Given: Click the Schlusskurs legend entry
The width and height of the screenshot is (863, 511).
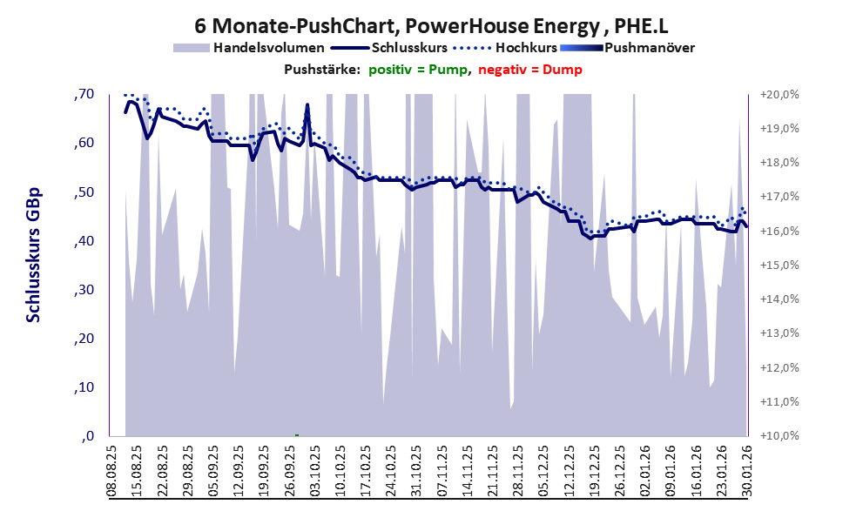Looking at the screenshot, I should click(x=401, y=47).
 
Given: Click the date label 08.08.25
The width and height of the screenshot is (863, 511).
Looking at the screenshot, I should click(x=111, y=471).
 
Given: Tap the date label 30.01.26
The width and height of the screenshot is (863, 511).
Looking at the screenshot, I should click(x=745, y=471).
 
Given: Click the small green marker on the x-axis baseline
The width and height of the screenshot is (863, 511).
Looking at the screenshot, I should click(x=297, y=434).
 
